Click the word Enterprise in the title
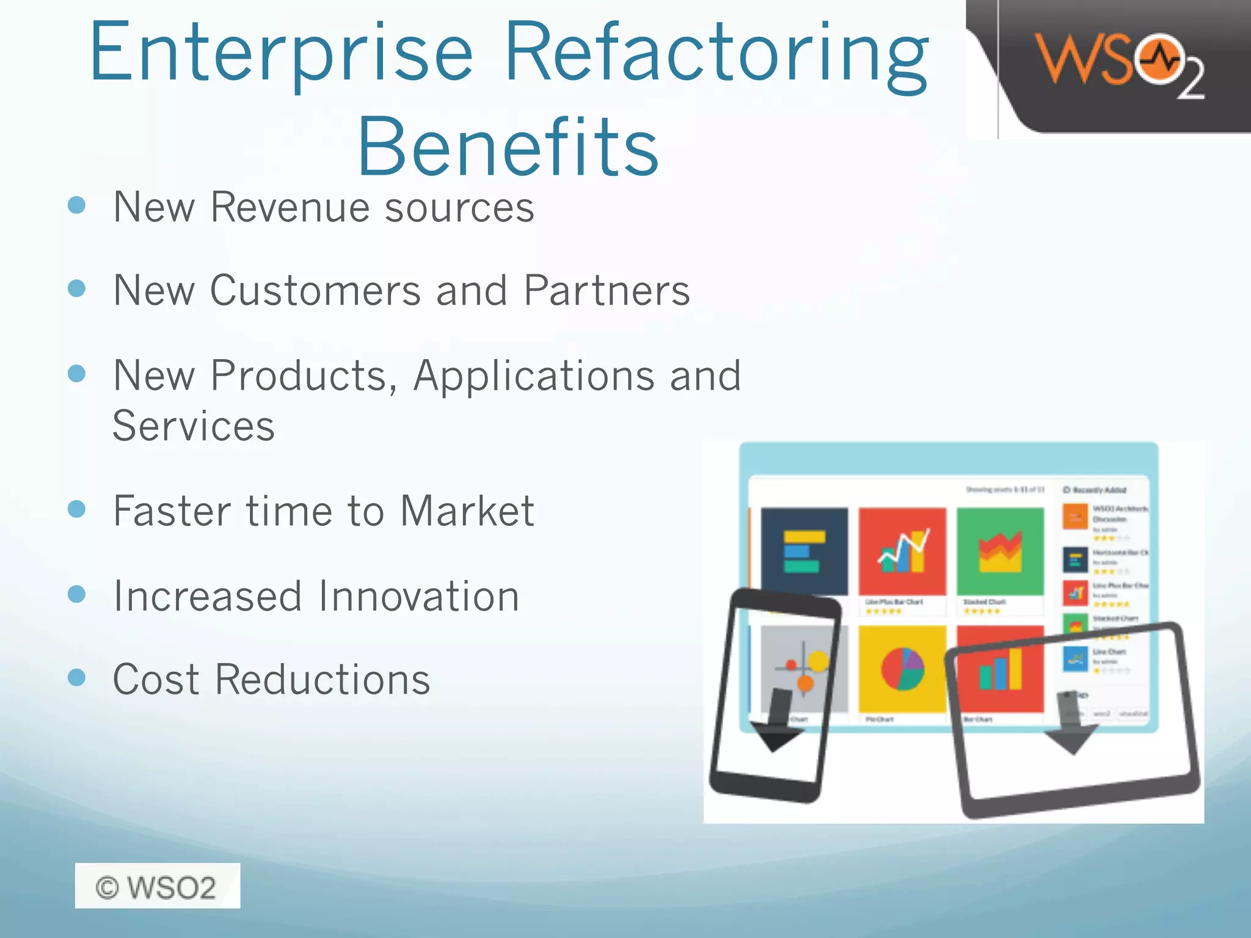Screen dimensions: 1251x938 tap(281, 54)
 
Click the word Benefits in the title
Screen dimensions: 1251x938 tap(508, 148)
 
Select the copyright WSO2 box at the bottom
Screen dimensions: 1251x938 tap(158, 886)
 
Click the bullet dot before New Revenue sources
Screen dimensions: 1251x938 tap(77, 205)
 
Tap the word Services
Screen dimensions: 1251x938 tap(194, 426)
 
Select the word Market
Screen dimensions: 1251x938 tap(467, 511)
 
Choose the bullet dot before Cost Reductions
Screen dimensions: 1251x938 tap(77, 677)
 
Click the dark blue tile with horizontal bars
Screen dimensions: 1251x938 tap(804, 551)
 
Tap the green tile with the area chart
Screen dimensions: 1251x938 tap(1000, 551)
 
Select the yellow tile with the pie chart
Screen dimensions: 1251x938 tap(902, 669)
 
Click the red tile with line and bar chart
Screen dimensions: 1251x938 tap(902, 551)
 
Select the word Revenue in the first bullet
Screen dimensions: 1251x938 tap(291, 207)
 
